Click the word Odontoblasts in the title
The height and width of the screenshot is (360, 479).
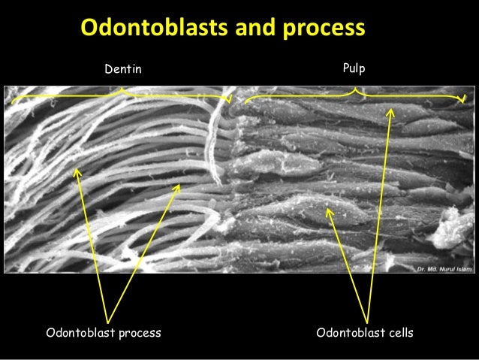(x=143, y=29)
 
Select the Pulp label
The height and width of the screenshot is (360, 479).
(x=353, y=68)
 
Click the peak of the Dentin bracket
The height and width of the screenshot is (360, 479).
(x=122, y=90)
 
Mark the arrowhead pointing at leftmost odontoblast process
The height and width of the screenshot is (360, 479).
(x=76, y=169)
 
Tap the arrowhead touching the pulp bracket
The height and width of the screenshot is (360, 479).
(x=390, y=110)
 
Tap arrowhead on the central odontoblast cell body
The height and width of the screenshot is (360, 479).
(x=327, y=210)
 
